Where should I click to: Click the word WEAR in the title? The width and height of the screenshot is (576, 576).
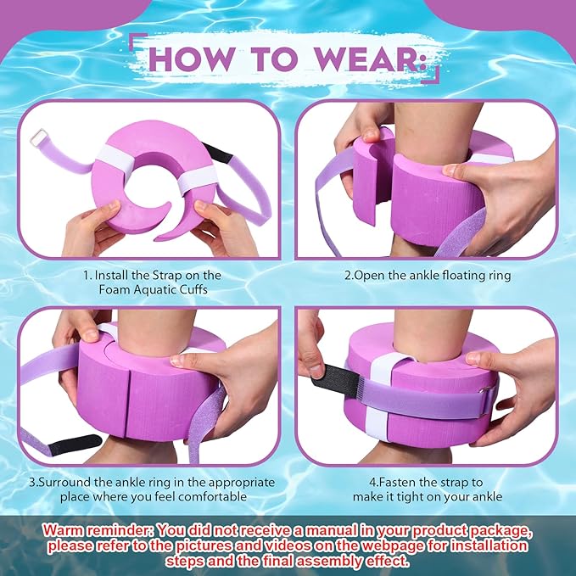[x=366, y=59]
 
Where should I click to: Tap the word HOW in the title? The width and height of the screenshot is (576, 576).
[x=192, y=59]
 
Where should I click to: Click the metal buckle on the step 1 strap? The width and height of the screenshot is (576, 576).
[x=39, y=137]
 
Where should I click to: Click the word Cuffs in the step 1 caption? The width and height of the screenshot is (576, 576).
[x=193, y=289]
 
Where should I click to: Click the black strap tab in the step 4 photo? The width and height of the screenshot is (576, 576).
[x=335, y=381]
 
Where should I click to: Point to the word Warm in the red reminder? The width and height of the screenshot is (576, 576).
[x=62, y=531]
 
